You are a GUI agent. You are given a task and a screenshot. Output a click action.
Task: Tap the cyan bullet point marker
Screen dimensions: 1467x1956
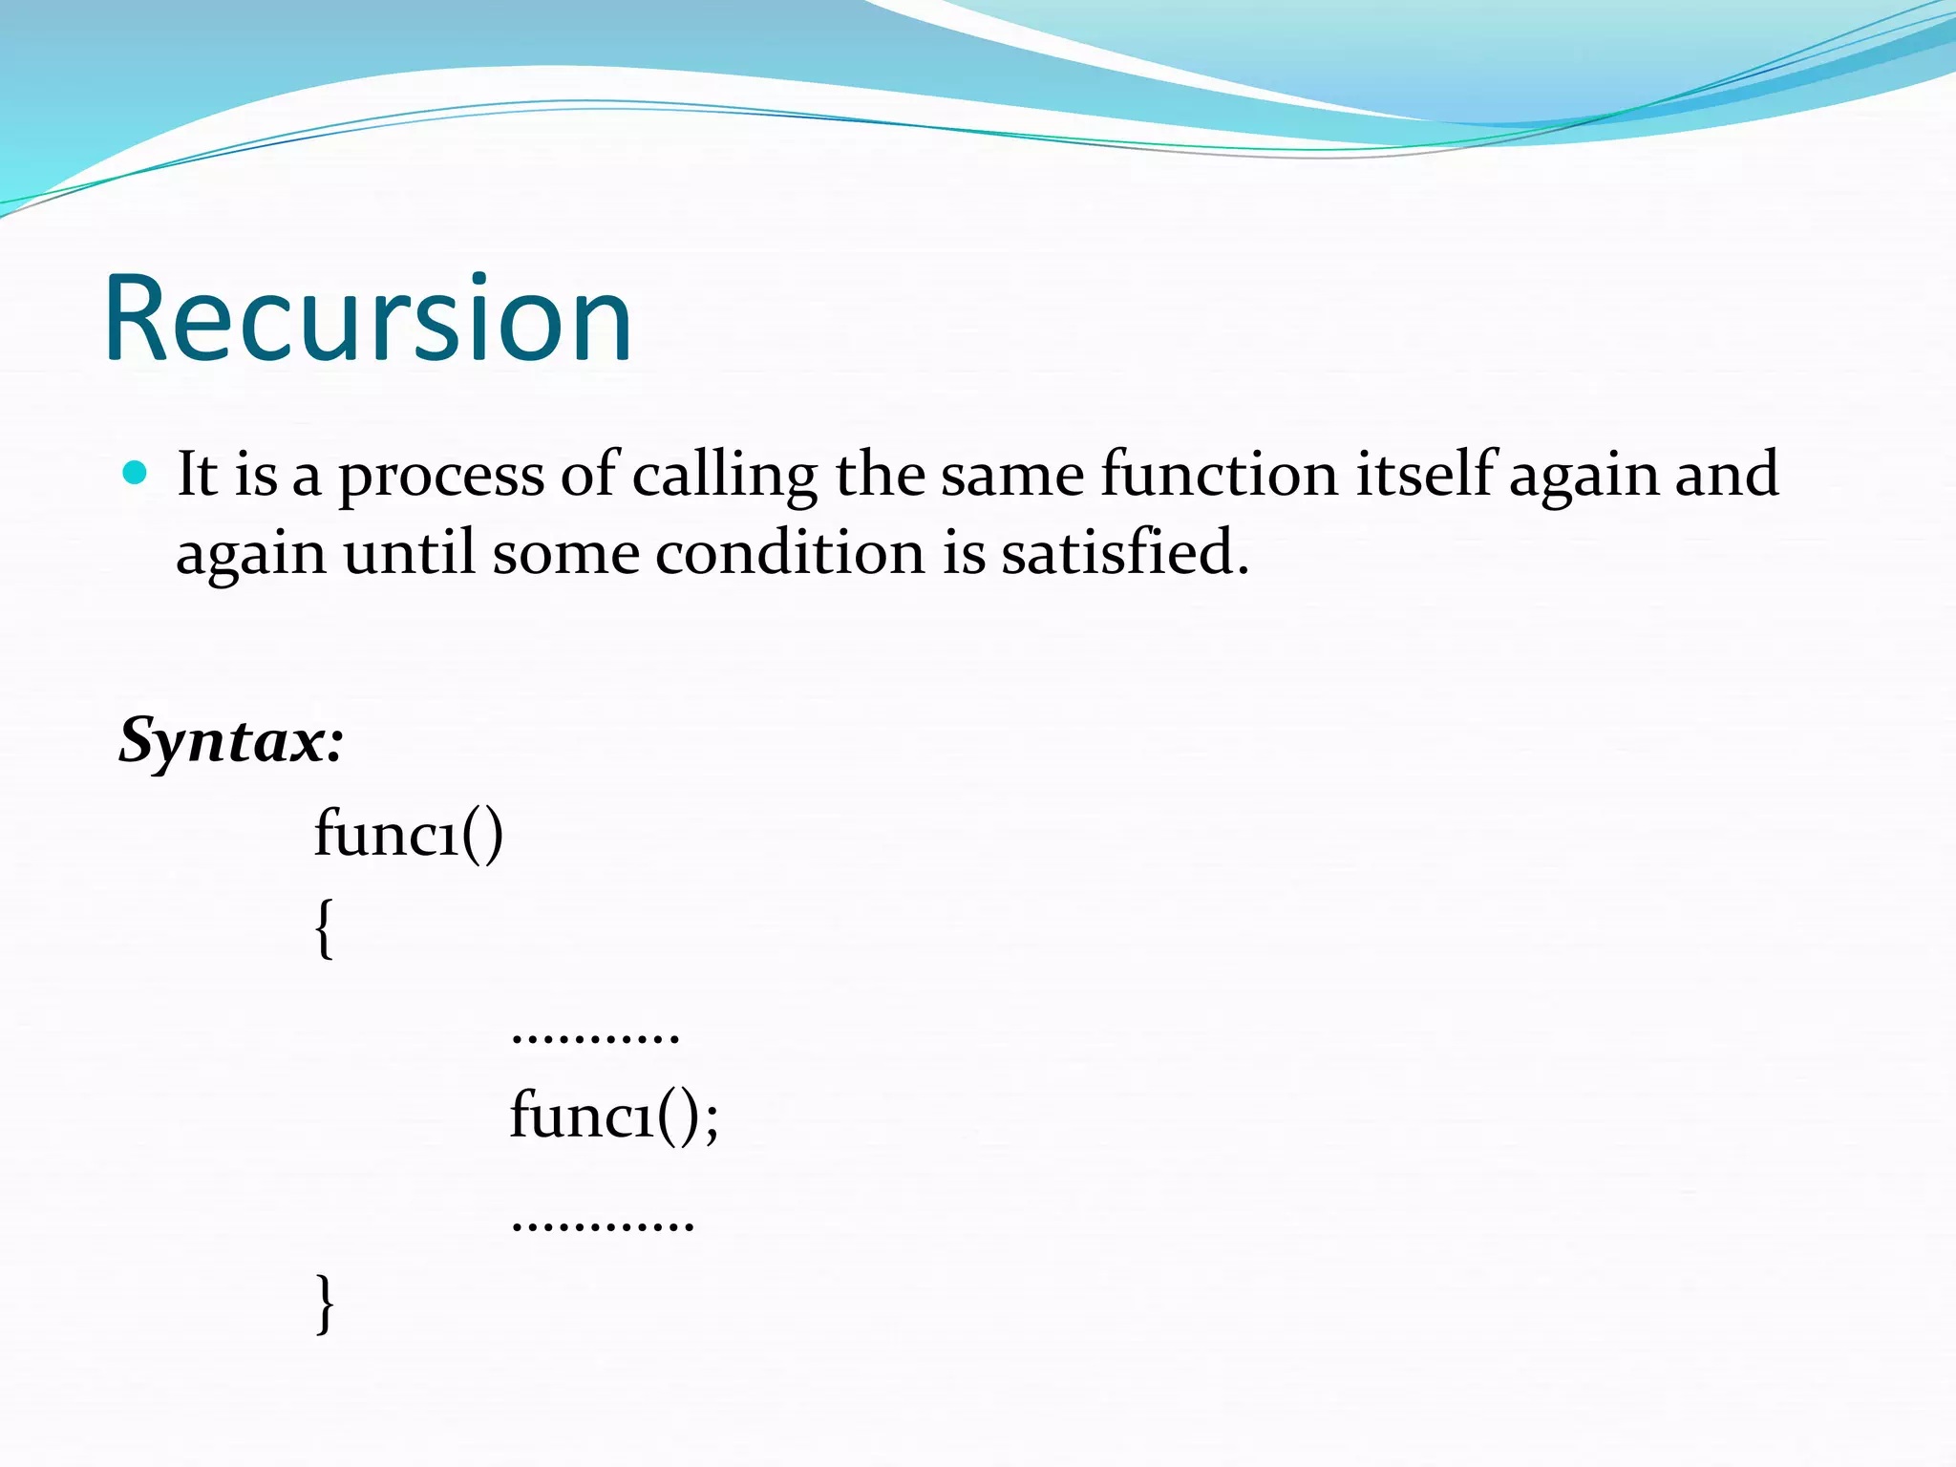pyautogui.click(x=136, y=472)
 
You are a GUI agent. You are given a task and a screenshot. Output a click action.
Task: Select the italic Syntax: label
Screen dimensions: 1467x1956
pyautogui.click(x=230, y=742)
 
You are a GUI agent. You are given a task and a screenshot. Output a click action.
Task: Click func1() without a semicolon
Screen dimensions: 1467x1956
pyautogui.click(x=408, y=834)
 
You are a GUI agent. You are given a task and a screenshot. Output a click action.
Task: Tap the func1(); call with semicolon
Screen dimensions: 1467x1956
pyautogui.click(x=613, y=1115)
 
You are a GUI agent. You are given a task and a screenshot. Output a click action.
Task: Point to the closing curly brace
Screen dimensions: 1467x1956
pyautogui.click(x=325, y=1303)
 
